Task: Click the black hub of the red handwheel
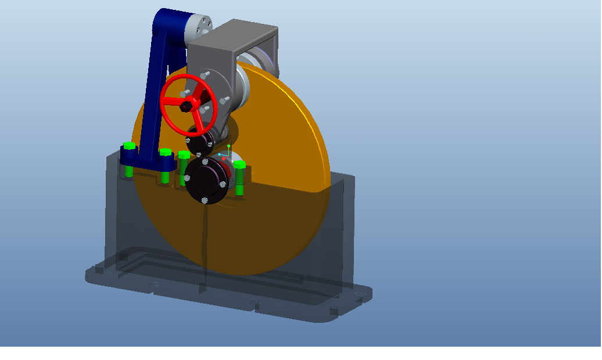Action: [185, 106]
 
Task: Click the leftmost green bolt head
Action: [129, 146]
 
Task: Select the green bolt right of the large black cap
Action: [239, 165]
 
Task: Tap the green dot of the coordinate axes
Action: [229, 146]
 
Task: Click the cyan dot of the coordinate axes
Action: [220, 154]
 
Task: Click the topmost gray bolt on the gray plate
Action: [204, 75]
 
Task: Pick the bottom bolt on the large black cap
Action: [205, 200]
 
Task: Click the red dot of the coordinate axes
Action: [224, 158]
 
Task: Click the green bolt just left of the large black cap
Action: [184, 156]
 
